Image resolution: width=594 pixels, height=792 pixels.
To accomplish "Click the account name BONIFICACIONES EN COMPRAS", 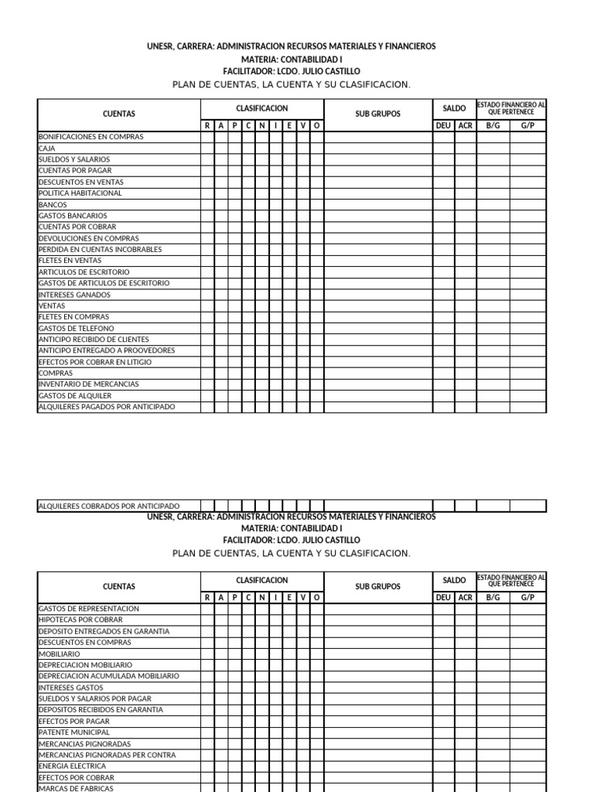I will point(91,137).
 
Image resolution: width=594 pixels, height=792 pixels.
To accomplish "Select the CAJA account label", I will point(47,148).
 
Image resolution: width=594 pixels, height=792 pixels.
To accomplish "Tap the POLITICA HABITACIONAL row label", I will point(80,193).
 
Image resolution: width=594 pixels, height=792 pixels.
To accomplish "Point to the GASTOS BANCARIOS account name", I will point(73,216).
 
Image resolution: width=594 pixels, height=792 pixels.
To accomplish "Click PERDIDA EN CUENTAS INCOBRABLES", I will point(101,250).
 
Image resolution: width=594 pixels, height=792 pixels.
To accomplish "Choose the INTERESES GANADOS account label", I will point(75,295).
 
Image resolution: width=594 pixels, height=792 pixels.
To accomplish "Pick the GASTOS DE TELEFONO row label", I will point(77,329).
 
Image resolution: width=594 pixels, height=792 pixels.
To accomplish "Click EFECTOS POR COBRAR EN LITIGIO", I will point(95,362).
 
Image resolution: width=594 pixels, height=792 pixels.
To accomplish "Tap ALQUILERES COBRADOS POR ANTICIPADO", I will point(109,507).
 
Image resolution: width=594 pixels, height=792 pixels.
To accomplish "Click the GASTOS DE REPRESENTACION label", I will point(88,609).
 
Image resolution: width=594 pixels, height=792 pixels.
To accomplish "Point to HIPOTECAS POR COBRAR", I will point(80,620).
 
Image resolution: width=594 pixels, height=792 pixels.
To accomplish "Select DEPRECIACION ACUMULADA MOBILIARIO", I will point(109,676).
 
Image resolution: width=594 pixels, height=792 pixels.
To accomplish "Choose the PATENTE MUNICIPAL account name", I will point(74,732).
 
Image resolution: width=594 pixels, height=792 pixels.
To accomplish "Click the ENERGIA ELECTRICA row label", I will point(73,766).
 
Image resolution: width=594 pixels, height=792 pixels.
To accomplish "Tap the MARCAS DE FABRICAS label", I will point(76,788).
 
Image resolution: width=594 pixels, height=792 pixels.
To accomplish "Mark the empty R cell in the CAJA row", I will point(208,148).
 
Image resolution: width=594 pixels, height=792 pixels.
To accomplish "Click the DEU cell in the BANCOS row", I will point(443,204).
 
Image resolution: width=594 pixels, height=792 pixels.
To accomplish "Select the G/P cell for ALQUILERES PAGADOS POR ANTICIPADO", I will point(527,407).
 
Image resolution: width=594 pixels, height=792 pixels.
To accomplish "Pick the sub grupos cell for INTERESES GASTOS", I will point(378,688).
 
